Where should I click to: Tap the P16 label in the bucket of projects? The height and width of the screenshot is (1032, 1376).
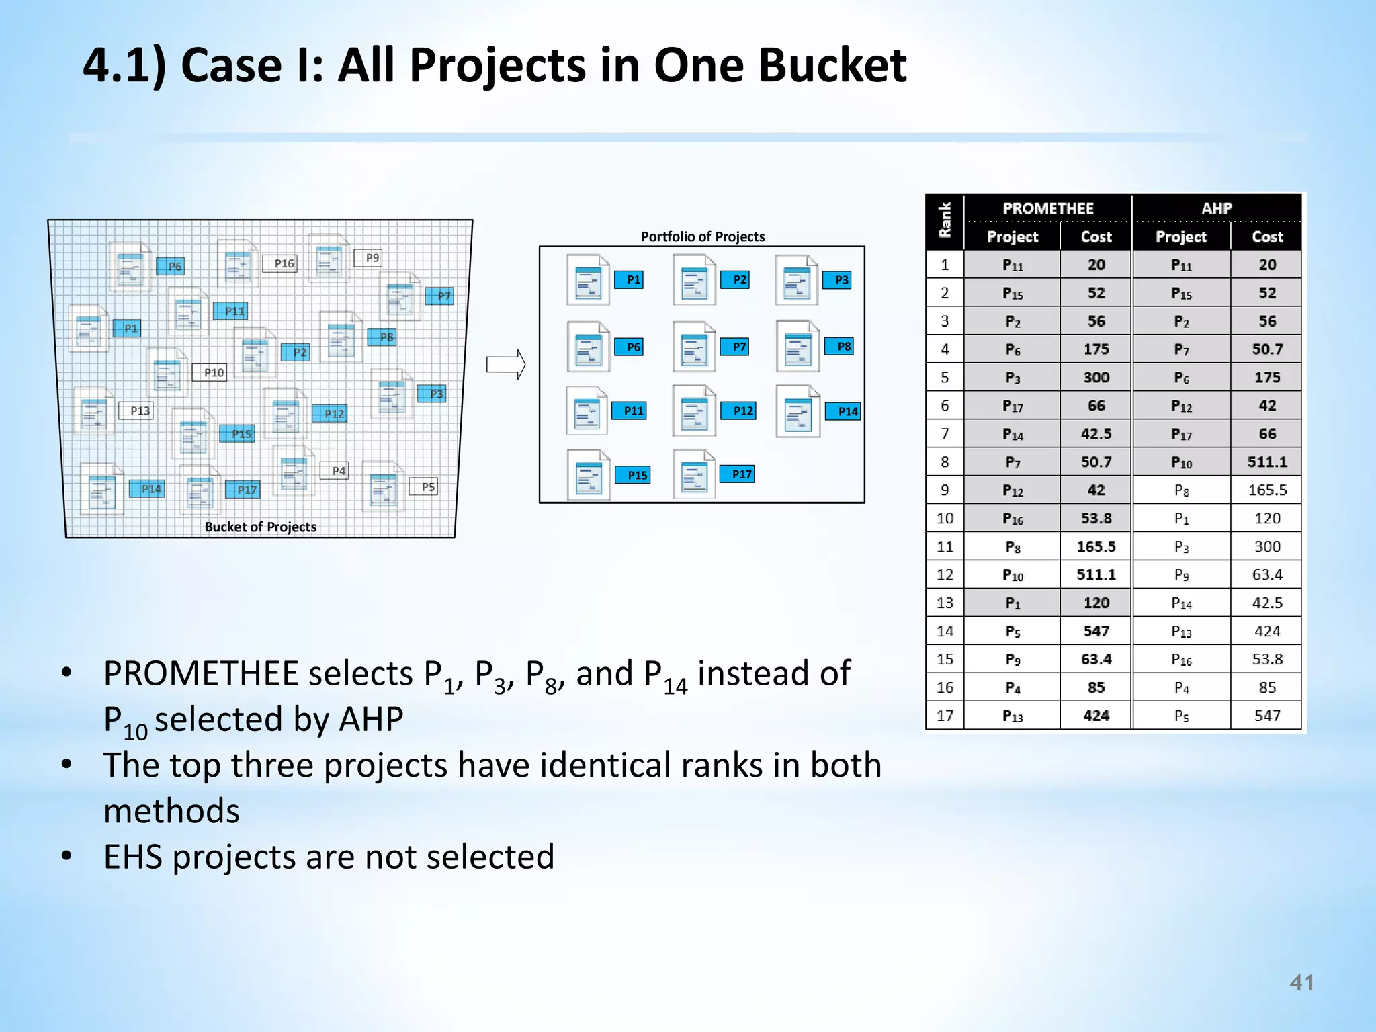[284, 263]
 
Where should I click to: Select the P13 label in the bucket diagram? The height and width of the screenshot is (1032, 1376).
[139, 411]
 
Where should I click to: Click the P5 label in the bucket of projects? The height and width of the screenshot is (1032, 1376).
[427, 486]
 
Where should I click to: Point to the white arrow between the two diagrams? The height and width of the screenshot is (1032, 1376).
[505, 365]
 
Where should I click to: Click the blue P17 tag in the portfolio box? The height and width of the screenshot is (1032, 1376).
[741, 474]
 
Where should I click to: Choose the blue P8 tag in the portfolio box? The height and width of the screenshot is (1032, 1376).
[843, 347]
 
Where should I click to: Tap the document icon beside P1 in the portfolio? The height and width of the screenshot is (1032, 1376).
[588, 279]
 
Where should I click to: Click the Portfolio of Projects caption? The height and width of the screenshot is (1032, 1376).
[702, 236]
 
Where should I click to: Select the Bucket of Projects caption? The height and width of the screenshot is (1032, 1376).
[260, 527]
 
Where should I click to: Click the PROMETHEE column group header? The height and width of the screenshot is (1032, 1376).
[1047, 208]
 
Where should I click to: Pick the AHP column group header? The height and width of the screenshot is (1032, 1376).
[1216, 208]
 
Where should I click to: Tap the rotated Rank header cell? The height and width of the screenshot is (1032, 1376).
[945, 222]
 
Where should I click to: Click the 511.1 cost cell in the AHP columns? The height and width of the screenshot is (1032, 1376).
[1266, 462]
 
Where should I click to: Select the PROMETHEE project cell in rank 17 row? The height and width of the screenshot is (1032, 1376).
[1012, 716]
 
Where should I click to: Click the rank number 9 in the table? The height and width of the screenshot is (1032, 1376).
[945, 490]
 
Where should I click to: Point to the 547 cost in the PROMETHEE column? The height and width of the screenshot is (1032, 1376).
[1096, 632]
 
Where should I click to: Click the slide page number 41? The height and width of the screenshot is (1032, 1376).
[1301, 982]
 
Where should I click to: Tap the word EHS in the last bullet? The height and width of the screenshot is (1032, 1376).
[132, 857]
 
